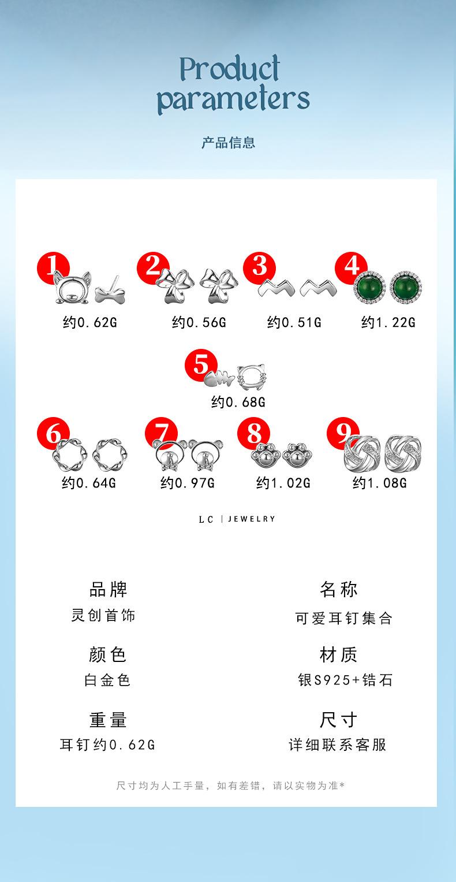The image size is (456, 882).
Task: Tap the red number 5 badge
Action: click(x=200, y=365)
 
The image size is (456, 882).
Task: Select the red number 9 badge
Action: click(x=343, y=434)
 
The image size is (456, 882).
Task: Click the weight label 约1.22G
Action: click(x=388, y=322)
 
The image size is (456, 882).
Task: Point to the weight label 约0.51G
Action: click(x=294, y=322)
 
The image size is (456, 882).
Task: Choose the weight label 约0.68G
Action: click(x=238, y=401)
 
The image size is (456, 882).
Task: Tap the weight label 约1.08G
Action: click(x=379, y=482)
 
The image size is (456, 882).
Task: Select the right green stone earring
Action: click(x=406, y=287)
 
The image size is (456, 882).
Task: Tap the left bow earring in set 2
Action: click(x=172, y=286)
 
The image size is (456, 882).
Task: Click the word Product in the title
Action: click(x=230, y=70)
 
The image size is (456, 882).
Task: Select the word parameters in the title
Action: click(x=233, y=99)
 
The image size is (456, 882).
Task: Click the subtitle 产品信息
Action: click(x=228, y=143)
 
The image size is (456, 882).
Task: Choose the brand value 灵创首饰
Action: click(x=103, y=616)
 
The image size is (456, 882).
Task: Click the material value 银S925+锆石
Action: click(x=345, y=680)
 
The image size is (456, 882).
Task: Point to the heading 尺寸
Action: click(x=338, y=720)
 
